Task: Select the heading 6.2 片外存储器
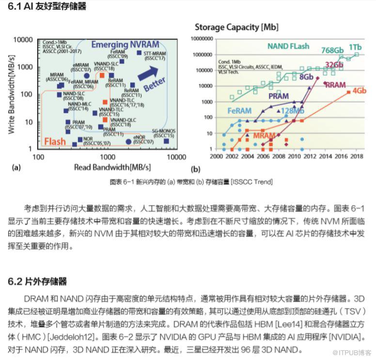(37, 281)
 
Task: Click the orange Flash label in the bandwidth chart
(55, 141)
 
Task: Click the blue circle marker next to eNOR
(128, 142)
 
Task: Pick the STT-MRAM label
(155, 56)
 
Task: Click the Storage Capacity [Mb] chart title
(236, 27)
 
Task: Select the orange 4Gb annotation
(359, 91)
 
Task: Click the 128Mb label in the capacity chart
(293, 111)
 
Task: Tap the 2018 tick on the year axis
(357, 157)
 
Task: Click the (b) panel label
(196, 169)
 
